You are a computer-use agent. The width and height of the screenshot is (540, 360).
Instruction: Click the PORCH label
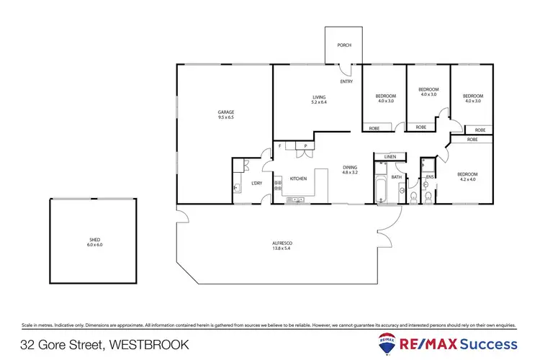[x=344, y=45]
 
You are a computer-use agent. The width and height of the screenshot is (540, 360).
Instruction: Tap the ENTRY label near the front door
[x=346, y=81]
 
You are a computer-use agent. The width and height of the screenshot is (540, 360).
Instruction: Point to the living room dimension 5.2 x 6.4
[x=319, y=102]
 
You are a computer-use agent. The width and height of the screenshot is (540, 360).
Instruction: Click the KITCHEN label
[x=299, y=178]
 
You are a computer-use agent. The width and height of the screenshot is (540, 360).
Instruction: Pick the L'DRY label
[x=256, y=183]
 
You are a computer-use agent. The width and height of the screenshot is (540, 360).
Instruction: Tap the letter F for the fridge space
[x=279, y=147]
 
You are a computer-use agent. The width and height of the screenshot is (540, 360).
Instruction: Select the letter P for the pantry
[x=305, y=147]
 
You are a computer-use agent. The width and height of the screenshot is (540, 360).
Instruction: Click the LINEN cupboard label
[x=390, y=156]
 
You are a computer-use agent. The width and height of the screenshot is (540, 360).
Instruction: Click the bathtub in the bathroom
[x=381, y=188]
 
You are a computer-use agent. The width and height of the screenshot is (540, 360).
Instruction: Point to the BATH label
[x=396, y=176]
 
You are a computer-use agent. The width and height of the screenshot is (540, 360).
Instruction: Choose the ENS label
[x=429, y=176]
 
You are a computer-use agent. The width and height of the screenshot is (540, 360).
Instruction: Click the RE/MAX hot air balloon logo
[x=385, y=343]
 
